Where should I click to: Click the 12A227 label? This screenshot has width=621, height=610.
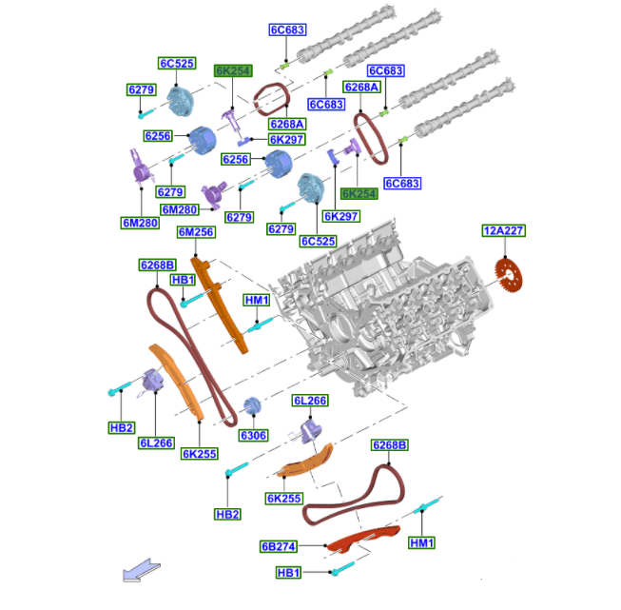[504, 230]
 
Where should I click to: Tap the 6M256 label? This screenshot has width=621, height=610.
[196, 232]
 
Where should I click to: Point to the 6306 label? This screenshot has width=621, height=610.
[254, 435]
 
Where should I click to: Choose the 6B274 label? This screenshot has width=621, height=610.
[279, 546]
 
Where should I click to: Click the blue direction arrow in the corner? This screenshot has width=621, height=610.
[142, 571]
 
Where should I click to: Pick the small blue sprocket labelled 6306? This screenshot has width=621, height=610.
[253, 405]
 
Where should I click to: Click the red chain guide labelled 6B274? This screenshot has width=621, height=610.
[362, 540]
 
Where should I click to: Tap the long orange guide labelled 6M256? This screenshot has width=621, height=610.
[219, 305]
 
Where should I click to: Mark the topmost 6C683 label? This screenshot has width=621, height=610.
[287, 30]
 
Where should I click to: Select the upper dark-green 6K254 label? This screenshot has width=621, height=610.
[233, 70]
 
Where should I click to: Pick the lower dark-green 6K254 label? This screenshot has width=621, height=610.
[359, 194]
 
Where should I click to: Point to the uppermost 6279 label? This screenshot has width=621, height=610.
[142, 89]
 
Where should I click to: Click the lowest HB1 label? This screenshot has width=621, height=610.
[288, 573]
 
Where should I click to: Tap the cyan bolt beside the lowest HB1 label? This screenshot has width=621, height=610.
[342, 568]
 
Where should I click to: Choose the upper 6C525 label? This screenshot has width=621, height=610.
[177, 63]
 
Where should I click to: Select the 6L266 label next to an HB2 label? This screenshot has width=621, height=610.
[156, 443]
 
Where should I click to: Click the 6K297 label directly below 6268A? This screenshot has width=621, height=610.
[287, 140]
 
